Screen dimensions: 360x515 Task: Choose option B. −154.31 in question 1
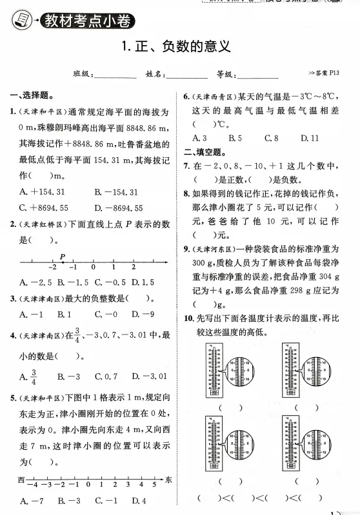pos(116,191)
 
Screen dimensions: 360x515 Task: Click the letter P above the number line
pos(63,256)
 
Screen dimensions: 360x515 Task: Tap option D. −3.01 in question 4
pos(150,376)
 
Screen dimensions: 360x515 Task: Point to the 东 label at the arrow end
pos(168,480)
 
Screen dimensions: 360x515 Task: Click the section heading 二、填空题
pos(204,153)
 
